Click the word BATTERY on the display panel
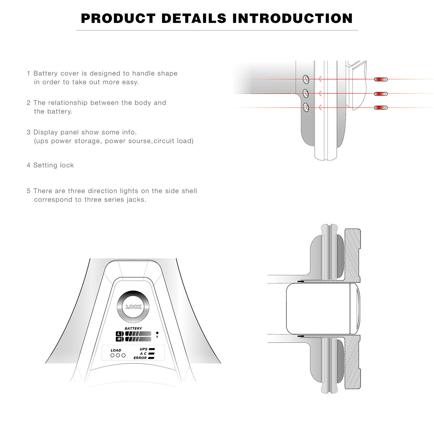[x=133, y=328]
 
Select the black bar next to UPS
[x=152, y=349]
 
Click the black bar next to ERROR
[x=151, y=358]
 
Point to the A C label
[x=143, y=354]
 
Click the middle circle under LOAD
[x=118, y=356]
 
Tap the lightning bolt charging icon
[x=157, y=337]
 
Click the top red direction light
[x=380, y=79]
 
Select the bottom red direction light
[x=380, y=108]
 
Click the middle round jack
[x=306, y=93]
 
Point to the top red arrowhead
[x=320, y=79]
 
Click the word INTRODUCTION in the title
[x=292, y=18]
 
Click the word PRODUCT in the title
[x=118, y=18]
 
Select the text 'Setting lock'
[x=54, y=165]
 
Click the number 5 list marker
[x=29, y=191]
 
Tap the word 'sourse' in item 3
[x=139, y=141]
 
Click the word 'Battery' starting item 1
[x=46, y=73]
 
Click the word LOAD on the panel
[x=116, y=350]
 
